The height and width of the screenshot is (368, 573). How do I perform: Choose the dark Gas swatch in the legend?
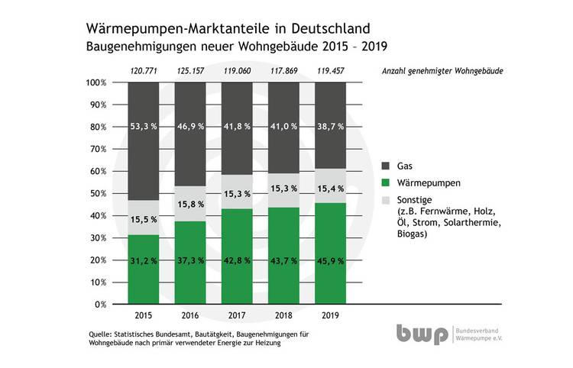click(384, 164)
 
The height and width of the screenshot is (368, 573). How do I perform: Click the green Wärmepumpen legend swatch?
click(384, 183)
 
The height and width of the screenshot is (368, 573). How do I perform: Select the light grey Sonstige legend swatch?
click(384, 201)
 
